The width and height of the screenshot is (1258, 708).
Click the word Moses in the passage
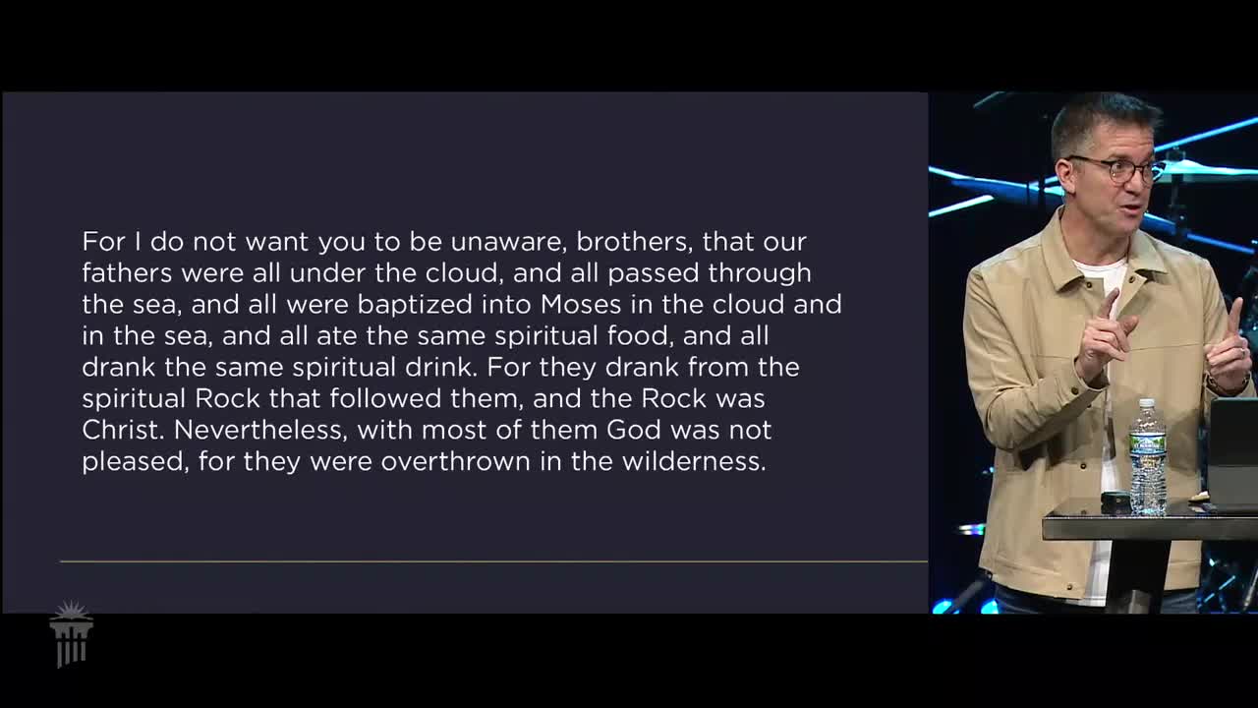pyautogui.click(x=581, y=305)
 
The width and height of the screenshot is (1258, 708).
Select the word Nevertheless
pyautogui.click(x=260, y=430)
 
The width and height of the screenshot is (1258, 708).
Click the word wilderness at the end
pyautogui.click(x=694, y=461)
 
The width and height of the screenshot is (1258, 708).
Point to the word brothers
pyautogui.click(x=634, y=242)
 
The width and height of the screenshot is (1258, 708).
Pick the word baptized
pyautogui.click(x=415, y=305)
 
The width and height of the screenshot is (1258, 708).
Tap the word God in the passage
pyautogui.click(x=634, y=430)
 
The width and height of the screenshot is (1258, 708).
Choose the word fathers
pyautogui.click(x=127, y=273)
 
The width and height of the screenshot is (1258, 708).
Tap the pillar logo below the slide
pyautogui.click(x=72, y=634)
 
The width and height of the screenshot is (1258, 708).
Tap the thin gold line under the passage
pyautogui.click(x=493, y=561)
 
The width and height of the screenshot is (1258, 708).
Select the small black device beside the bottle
pyautogui.click(x=1115, y=501)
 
